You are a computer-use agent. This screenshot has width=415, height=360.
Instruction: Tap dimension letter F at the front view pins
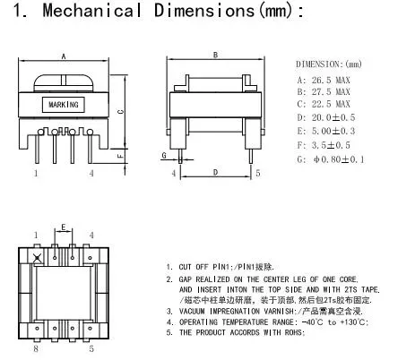[121, 155]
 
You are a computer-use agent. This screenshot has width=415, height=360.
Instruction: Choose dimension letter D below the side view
[214, 170]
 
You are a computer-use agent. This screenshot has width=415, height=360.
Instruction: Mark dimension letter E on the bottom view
[63, 227]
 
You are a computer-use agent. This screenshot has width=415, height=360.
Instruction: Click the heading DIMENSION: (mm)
[328, 64]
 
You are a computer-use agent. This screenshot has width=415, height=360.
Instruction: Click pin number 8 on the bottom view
[35, 349]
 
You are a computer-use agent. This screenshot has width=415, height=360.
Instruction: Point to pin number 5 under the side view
[258, 172]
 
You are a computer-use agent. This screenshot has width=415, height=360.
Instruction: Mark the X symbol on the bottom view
[37, 260]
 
